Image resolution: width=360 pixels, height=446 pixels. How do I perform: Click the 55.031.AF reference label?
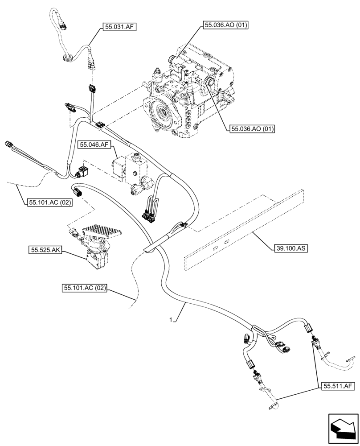click(119, 27)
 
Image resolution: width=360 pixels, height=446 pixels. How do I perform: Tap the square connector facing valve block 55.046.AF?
click(82, 172)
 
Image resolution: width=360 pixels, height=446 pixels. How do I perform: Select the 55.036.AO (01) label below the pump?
click(252, 129)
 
